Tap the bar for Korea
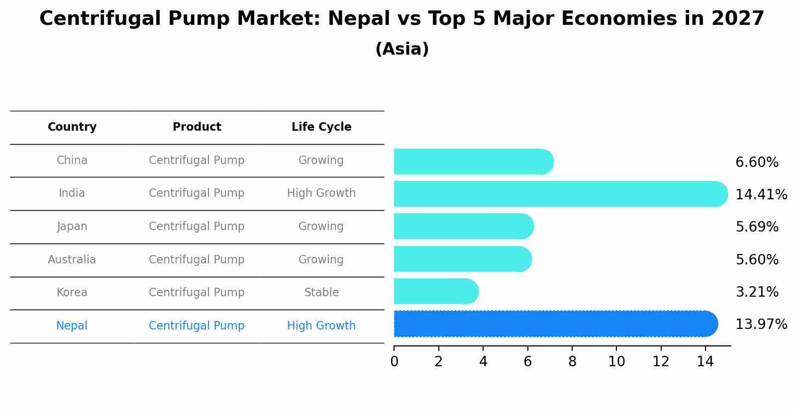[x=435, y=291]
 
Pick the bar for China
[x=473, y=162]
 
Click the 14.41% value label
[x=761, y=194]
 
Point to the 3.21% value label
[x=757, y=292]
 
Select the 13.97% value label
[x=761, y=325]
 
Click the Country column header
[x=72, y=127]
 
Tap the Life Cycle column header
[x=321, y=127]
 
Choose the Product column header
[x=197, y=127]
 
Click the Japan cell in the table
[x=72, y=227]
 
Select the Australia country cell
[x=72, y=259]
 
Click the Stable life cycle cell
[x=321, y=292]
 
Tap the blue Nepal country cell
[x=72, y=326]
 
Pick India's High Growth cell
[x=321, y=193]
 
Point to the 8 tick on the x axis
[x=572, y=361]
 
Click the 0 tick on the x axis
[x=394, y=361]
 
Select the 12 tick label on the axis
[x=661, y=361]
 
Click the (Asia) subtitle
[x=402, y=49]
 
